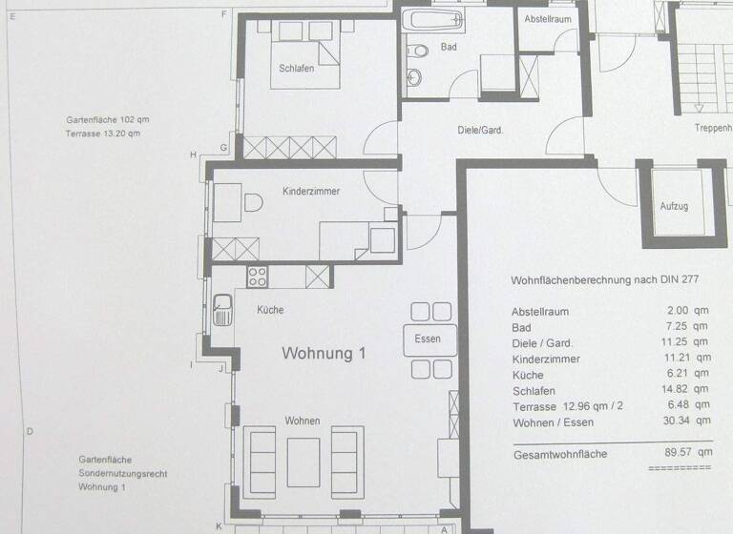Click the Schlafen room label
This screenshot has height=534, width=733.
296,69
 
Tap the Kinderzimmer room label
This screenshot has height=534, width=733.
311,192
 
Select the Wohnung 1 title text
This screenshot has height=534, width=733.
325,354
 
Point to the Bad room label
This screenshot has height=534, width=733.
448,47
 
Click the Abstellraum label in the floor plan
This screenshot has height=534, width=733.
548,20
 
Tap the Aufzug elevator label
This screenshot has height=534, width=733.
674,206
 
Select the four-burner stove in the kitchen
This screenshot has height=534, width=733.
257,277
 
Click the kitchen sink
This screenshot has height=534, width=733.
222,310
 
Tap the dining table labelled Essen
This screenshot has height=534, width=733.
429,339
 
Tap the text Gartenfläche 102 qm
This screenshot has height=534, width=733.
108,120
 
